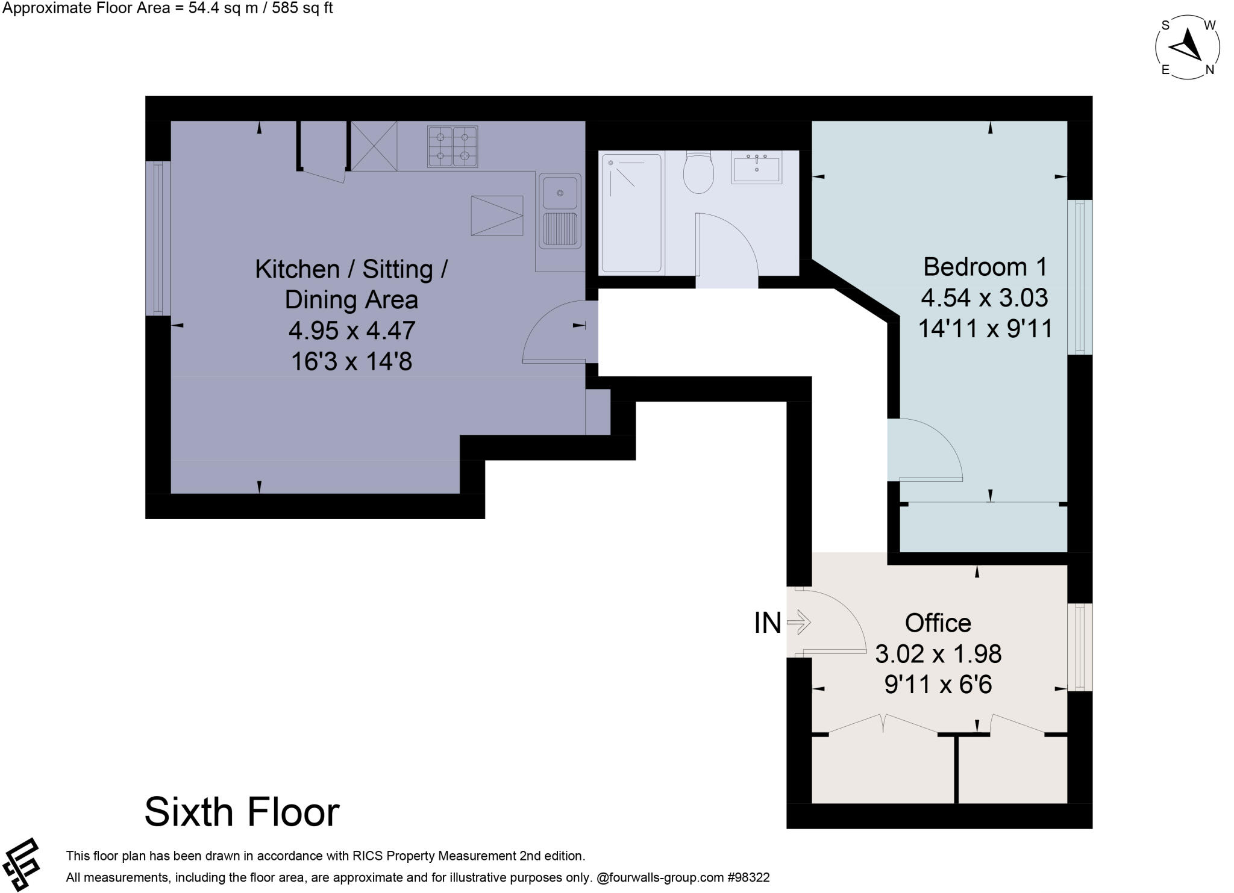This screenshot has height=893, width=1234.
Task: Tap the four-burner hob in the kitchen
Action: [x=453, y=146]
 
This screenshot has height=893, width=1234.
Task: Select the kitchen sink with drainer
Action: [x=560, y=211]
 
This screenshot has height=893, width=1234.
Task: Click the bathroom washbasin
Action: [x=756, y=166]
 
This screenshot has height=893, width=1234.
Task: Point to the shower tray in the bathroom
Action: [x=631, y=213]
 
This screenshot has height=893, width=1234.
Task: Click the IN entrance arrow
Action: [x=800, y=622]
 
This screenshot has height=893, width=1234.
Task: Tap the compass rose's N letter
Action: [x=1209, y=70]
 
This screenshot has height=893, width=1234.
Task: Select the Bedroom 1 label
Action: [x=985, y=267]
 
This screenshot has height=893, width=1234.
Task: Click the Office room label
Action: [x=938, y=623]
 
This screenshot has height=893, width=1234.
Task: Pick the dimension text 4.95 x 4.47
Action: [x=352, y=331]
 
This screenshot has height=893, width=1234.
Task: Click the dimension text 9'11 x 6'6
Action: [x=938, y=685]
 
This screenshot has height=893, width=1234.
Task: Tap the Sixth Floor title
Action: [x=242, y=812]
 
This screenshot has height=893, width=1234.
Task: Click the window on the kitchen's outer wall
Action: [x=158, y=238]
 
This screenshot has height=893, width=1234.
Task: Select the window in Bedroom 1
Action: [x=1080, y=277]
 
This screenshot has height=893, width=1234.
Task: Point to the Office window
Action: [x=1080, y=647]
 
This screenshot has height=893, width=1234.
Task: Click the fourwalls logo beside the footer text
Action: [x=22, y=864]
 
